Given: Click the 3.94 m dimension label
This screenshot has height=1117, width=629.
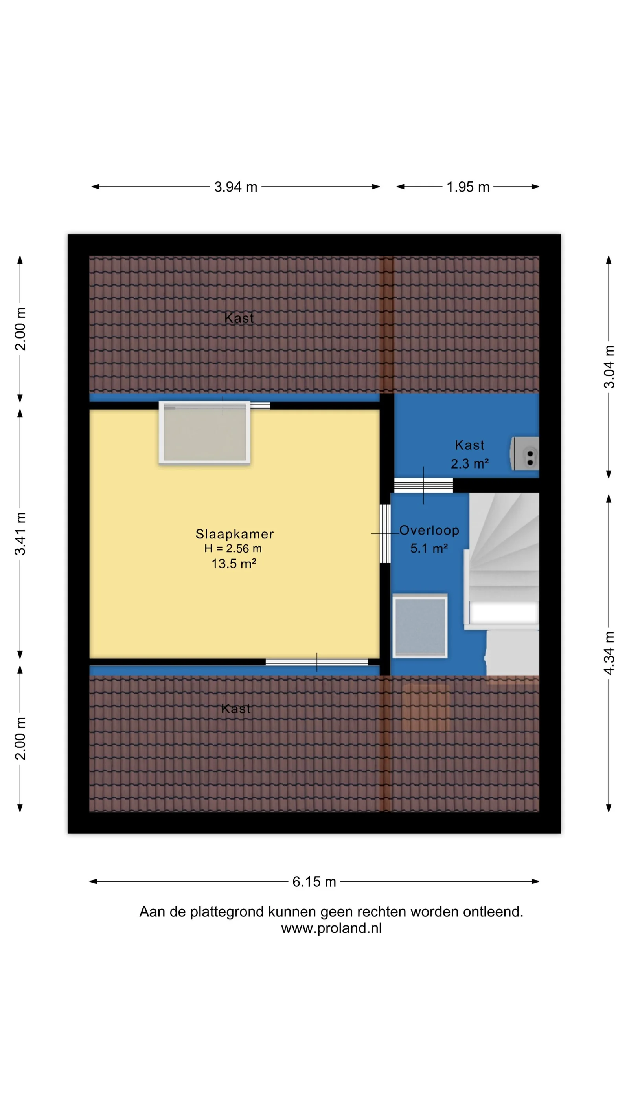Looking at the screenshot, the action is (236, 187).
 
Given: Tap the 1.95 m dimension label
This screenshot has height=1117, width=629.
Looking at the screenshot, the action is (468, 187).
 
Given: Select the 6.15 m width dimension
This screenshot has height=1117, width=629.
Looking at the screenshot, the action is (314, 882).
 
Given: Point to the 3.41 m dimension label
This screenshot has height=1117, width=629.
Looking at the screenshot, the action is (20, 534).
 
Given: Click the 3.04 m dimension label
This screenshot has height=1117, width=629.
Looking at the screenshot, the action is (609, 366).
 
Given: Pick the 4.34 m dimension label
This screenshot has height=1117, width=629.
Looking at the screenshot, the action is (609, 653).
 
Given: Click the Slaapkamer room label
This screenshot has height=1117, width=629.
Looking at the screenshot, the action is (234, 534).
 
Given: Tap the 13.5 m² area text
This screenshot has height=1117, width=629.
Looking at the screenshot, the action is (234, 563).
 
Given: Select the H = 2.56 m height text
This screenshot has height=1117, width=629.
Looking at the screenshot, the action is (233, 549).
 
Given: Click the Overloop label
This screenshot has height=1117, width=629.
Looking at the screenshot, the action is (429, 530).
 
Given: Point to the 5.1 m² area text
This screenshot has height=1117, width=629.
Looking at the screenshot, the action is (429, 548).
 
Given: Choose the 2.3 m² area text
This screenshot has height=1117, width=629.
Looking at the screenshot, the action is (470, 463).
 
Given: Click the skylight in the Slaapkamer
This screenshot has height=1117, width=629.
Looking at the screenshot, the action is (204, 433).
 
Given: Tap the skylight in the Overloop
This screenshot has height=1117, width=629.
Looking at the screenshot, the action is (420, 626).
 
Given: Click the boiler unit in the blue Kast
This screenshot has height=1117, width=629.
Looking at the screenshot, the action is (525, 454).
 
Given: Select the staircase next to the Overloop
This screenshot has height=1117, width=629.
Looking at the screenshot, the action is (504, 583).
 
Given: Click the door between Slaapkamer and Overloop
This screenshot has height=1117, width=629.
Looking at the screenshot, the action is (384, 533).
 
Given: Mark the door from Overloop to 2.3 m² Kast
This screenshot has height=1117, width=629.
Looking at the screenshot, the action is (423, 485).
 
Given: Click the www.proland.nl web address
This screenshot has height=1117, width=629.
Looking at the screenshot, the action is (331, 928).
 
